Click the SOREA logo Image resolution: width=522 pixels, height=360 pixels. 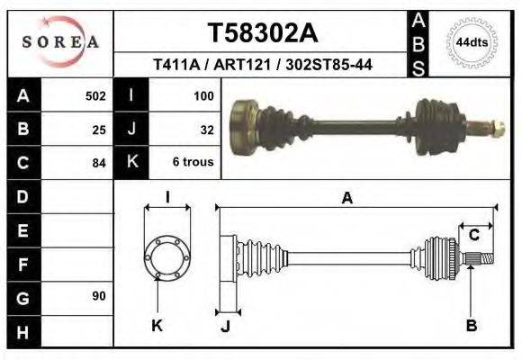coord(60,42)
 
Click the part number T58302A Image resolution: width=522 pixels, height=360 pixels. coord(263,33)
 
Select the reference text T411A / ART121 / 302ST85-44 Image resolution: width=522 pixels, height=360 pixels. coord(263,65)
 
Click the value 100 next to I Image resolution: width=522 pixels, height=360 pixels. coord(203,96)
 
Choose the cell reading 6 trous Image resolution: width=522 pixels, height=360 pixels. coord(193,163)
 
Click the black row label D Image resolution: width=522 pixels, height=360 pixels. coord(24,196)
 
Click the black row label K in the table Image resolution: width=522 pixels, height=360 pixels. coord(131,163)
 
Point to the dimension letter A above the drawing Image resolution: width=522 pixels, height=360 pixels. coord(346,199)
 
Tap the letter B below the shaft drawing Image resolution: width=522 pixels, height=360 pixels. coord(471,325)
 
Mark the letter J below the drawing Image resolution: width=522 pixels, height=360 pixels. coord(226,326)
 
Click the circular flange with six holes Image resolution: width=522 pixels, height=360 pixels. coord(167,256)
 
